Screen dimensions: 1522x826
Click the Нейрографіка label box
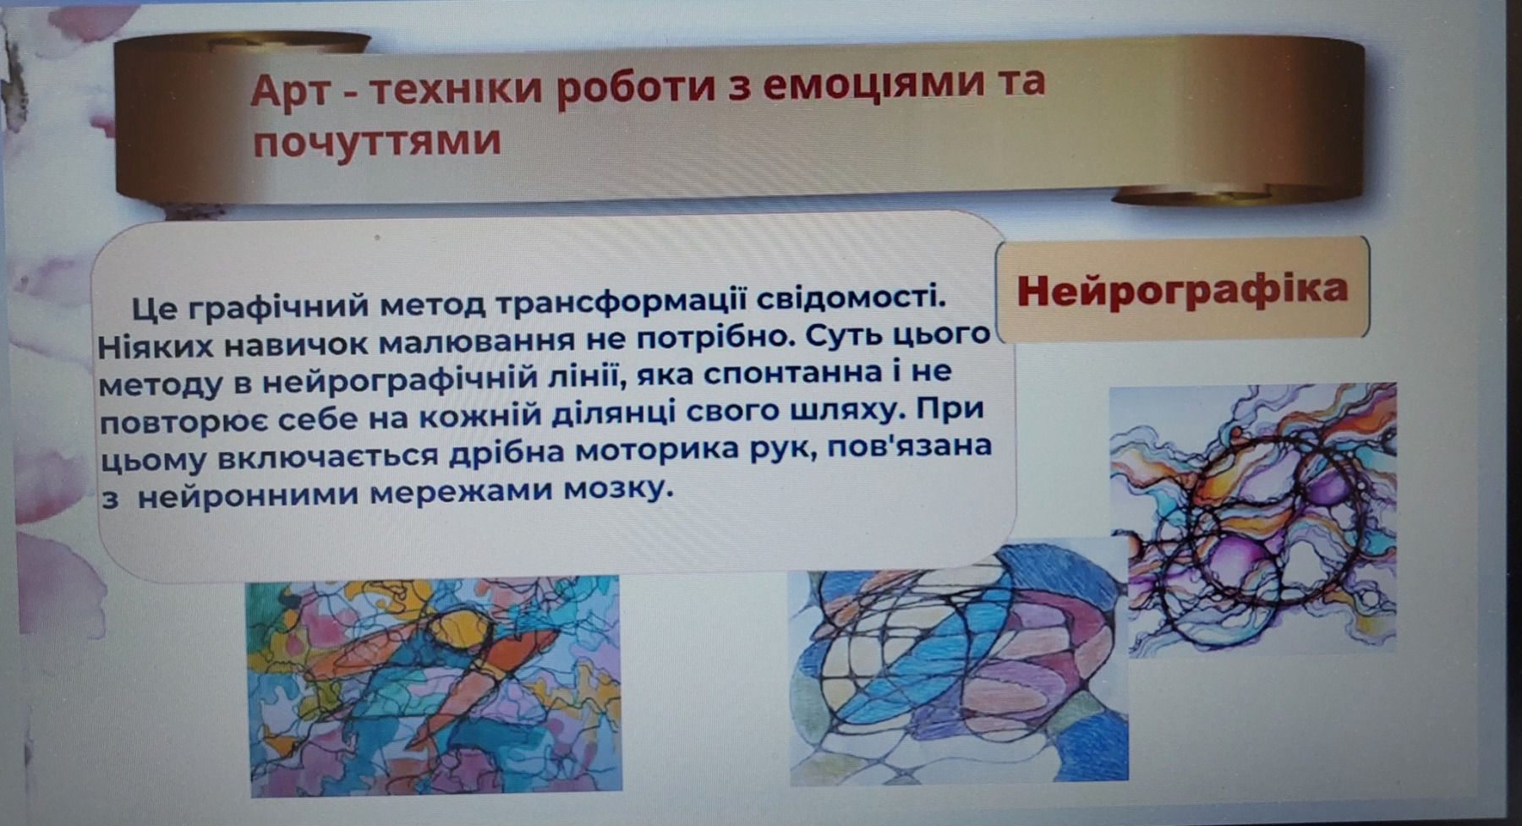click(1182, 288)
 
